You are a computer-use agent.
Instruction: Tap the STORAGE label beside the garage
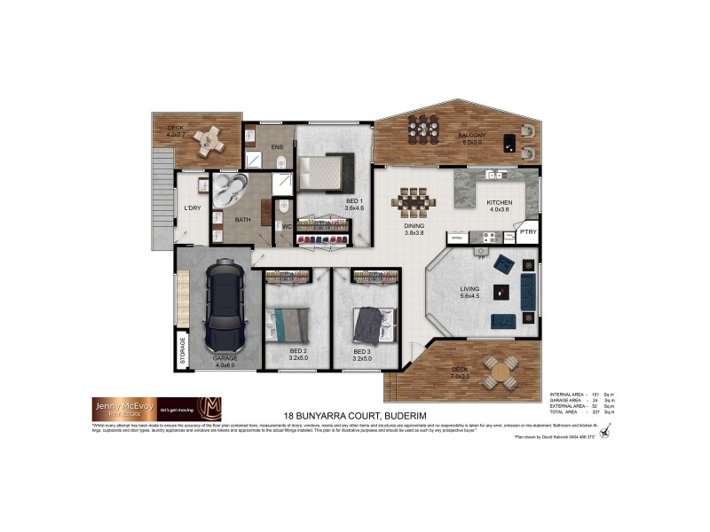tap(184, 350)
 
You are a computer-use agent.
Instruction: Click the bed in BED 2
tap(288, 323)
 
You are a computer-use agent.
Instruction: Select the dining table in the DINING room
tap(413, 202)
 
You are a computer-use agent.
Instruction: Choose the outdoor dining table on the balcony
tap(422, 129)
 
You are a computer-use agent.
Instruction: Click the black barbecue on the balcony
tap(509, 141)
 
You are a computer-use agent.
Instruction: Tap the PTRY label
tap(528, 232)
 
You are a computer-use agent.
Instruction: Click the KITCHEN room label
tap(499, 203)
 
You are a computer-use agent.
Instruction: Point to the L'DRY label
tap(193, 208)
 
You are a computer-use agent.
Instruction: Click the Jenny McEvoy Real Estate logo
tap(156, 409)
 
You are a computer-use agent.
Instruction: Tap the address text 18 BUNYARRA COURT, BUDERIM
tap(355, 415)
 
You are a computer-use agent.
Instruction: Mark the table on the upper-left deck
tap(210, 139)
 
